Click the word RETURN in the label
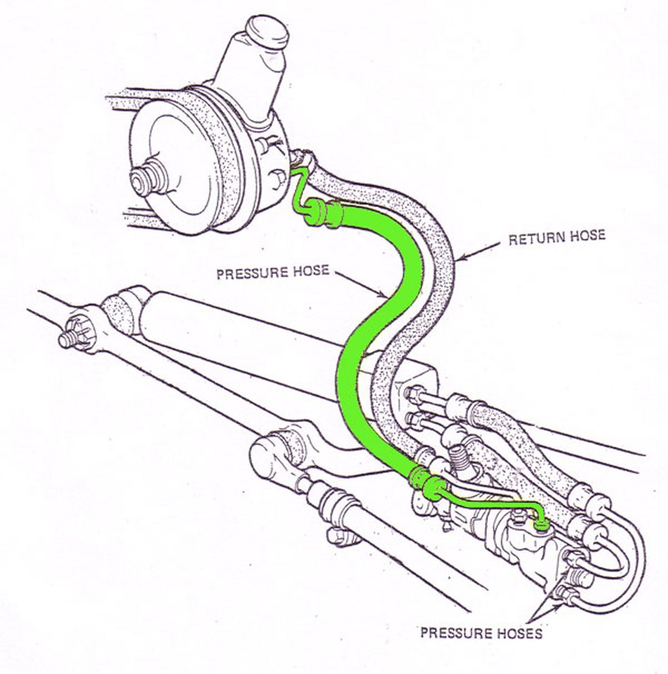tap(536, 238)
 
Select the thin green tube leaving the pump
tap(297, 189)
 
